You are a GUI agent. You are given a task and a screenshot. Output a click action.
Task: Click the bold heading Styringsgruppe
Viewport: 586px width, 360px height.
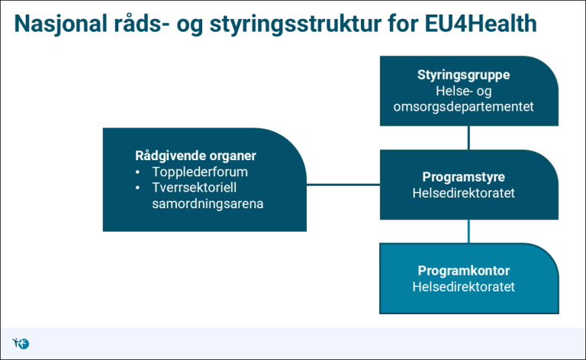pos(463,76)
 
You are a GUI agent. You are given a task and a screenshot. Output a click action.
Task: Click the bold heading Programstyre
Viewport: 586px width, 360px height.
pos(463,177)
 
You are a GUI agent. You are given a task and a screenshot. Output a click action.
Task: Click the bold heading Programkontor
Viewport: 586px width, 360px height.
pos(463,271)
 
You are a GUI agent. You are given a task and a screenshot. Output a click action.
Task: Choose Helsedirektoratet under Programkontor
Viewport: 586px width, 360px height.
pos(463,287)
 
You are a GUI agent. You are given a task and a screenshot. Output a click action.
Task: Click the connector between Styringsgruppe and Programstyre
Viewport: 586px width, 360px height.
pos(468,137)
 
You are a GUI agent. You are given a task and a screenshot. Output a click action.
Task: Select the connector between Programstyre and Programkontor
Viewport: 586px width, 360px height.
pos(468,231)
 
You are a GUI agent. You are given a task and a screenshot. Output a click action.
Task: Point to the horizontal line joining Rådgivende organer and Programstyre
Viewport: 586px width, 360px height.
pos(343,185)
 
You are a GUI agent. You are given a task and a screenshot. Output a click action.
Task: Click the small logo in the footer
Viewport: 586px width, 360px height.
pos(21,343)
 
